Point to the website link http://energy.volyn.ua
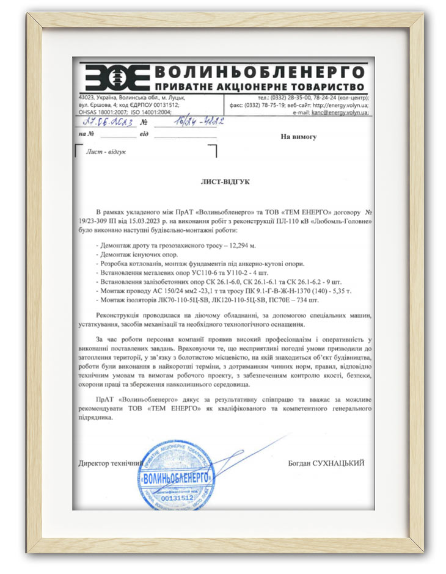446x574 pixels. (x=342, y=105)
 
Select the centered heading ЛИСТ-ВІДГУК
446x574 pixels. (x=225, y=181)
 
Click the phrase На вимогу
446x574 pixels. (x=298, y=137)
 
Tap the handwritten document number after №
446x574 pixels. (x=183, y=122)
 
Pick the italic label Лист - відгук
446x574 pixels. (x=106, y=151)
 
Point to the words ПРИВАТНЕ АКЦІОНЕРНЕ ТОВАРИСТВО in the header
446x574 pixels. (x=260, y=87)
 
